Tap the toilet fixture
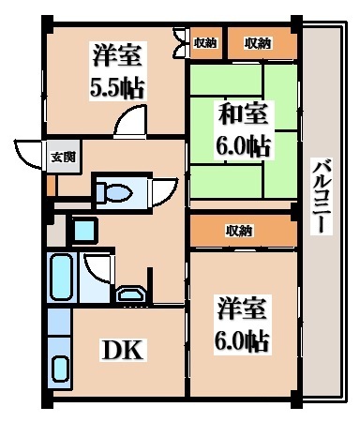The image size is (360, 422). point(113,192)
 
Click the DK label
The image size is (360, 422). point(122,351)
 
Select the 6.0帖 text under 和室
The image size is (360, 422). point(245,147)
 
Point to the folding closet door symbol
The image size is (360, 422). point(180,43)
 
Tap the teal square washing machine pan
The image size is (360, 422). point(82,228)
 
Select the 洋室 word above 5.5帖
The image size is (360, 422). point(117,56)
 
